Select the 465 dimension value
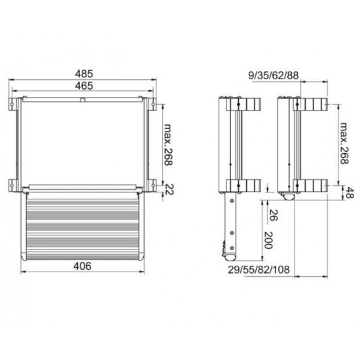coord(82,85)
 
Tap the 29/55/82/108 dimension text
coord(259,270)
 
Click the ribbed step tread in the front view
coord(82,226)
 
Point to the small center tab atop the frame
coord(82,99)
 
